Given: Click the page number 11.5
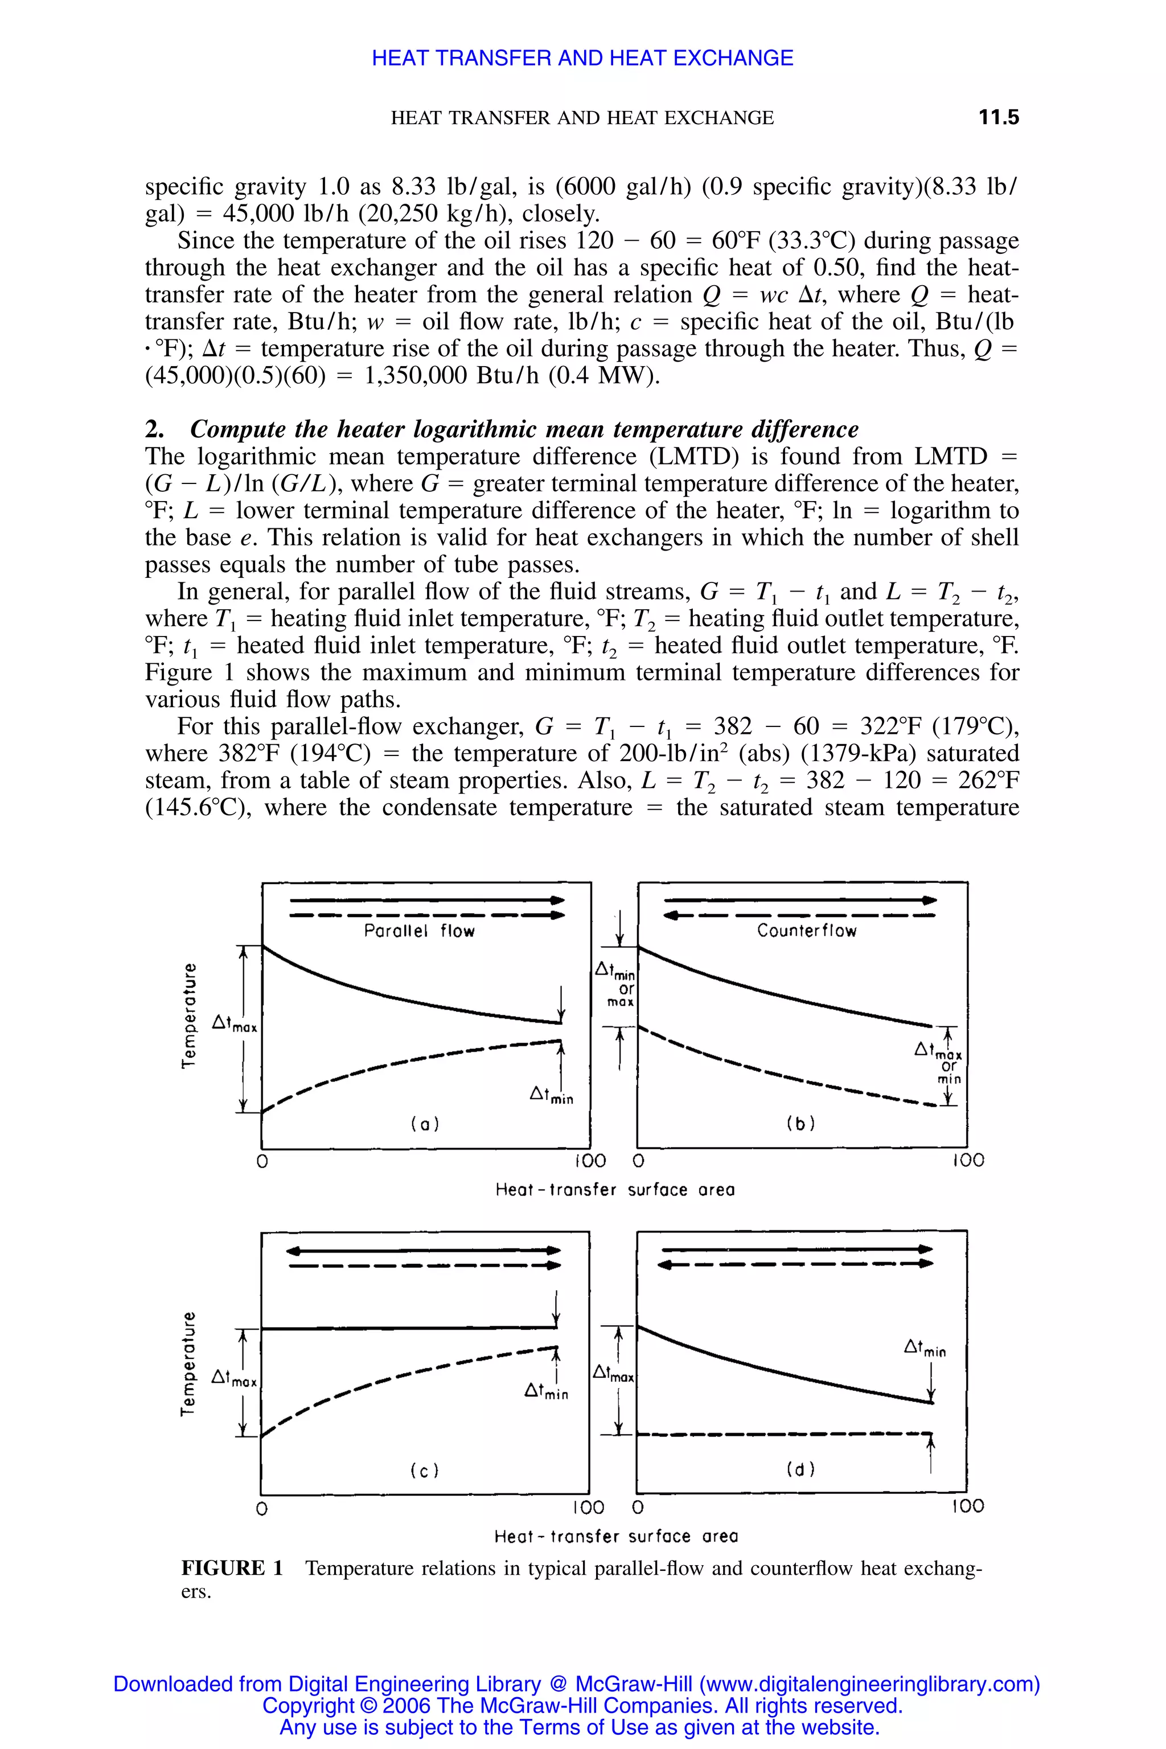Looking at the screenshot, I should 998,117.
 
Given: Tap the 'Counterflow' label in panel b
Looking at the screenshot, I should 806,930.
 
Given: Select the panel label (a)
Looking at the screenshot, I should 425,1124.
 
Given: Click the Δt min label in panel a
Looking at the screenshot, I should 551,1095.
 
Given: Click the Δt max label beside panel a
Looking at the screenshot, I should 233,1025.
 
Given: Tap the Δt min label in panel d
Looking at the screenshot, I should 925,1346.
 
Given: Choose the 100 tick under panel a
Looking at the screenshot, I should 590,1161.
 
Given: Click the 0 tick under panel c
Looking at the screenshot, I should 261,1508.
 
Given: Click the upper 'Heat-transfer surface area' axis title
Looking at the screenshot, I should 615,1190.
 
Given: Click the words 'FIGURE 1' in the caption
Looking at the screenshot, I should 232,1569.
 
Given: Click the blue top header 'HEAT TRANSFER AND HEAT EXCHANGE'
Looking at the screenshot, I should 582,58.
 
